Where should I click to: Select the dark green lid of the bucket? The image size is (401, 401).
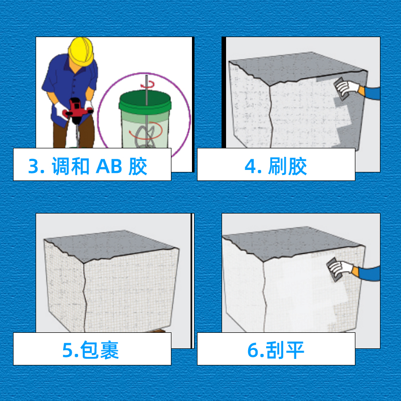pos(145,102)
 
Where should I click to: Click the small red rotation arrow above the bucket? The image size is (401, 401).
pos(147,84)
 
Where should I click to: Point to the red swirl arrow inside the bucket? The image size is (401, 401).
pos(146,131)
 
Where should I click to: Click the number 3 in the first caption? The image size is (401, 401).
pos(34,166)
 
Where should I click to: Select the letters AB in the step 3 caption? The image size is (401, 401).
pos(109,166)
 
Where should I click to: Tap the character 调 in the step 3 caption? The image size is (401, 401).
pos(61,166)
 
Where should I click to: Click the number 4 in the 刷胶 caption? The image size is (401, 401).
pos(250,166)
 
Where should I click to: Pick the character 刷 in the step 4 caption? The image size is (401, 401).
pos(277,166)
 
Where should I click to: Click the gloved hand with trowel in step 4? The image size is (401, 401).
pos(346,88)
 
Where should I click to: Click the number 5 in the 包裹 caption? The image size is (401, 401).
pos(68,350)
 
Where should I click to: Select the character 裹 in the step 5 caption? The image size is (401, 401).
pos(109,350)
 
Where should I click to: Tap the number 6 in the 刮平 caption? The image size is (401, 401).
pos(253,350)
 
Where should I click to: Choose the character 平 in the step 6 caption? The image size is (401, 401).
pos(295,350)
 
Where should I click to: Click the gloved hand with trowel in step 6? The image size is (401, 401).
pos(340,269)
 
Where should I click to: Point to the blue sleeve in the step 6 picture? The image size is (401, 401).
pos(369,274)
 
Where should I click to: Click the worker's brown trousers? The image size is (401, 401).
pos(74,133)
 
